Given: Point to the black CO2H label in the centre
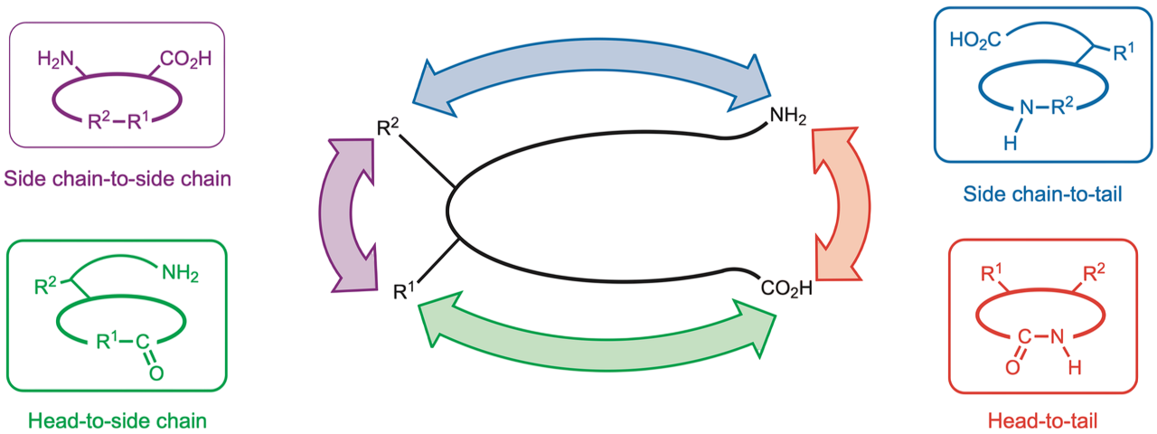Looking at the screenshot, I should (x=785, y=288).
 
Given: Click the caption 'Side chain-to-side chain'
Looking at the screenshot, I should (x=118, y=178).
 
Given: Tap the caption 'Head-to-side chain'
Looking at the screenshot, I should (x=118, y=420).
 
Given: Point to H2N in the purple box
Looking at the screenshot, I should (x=54, y=61).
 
